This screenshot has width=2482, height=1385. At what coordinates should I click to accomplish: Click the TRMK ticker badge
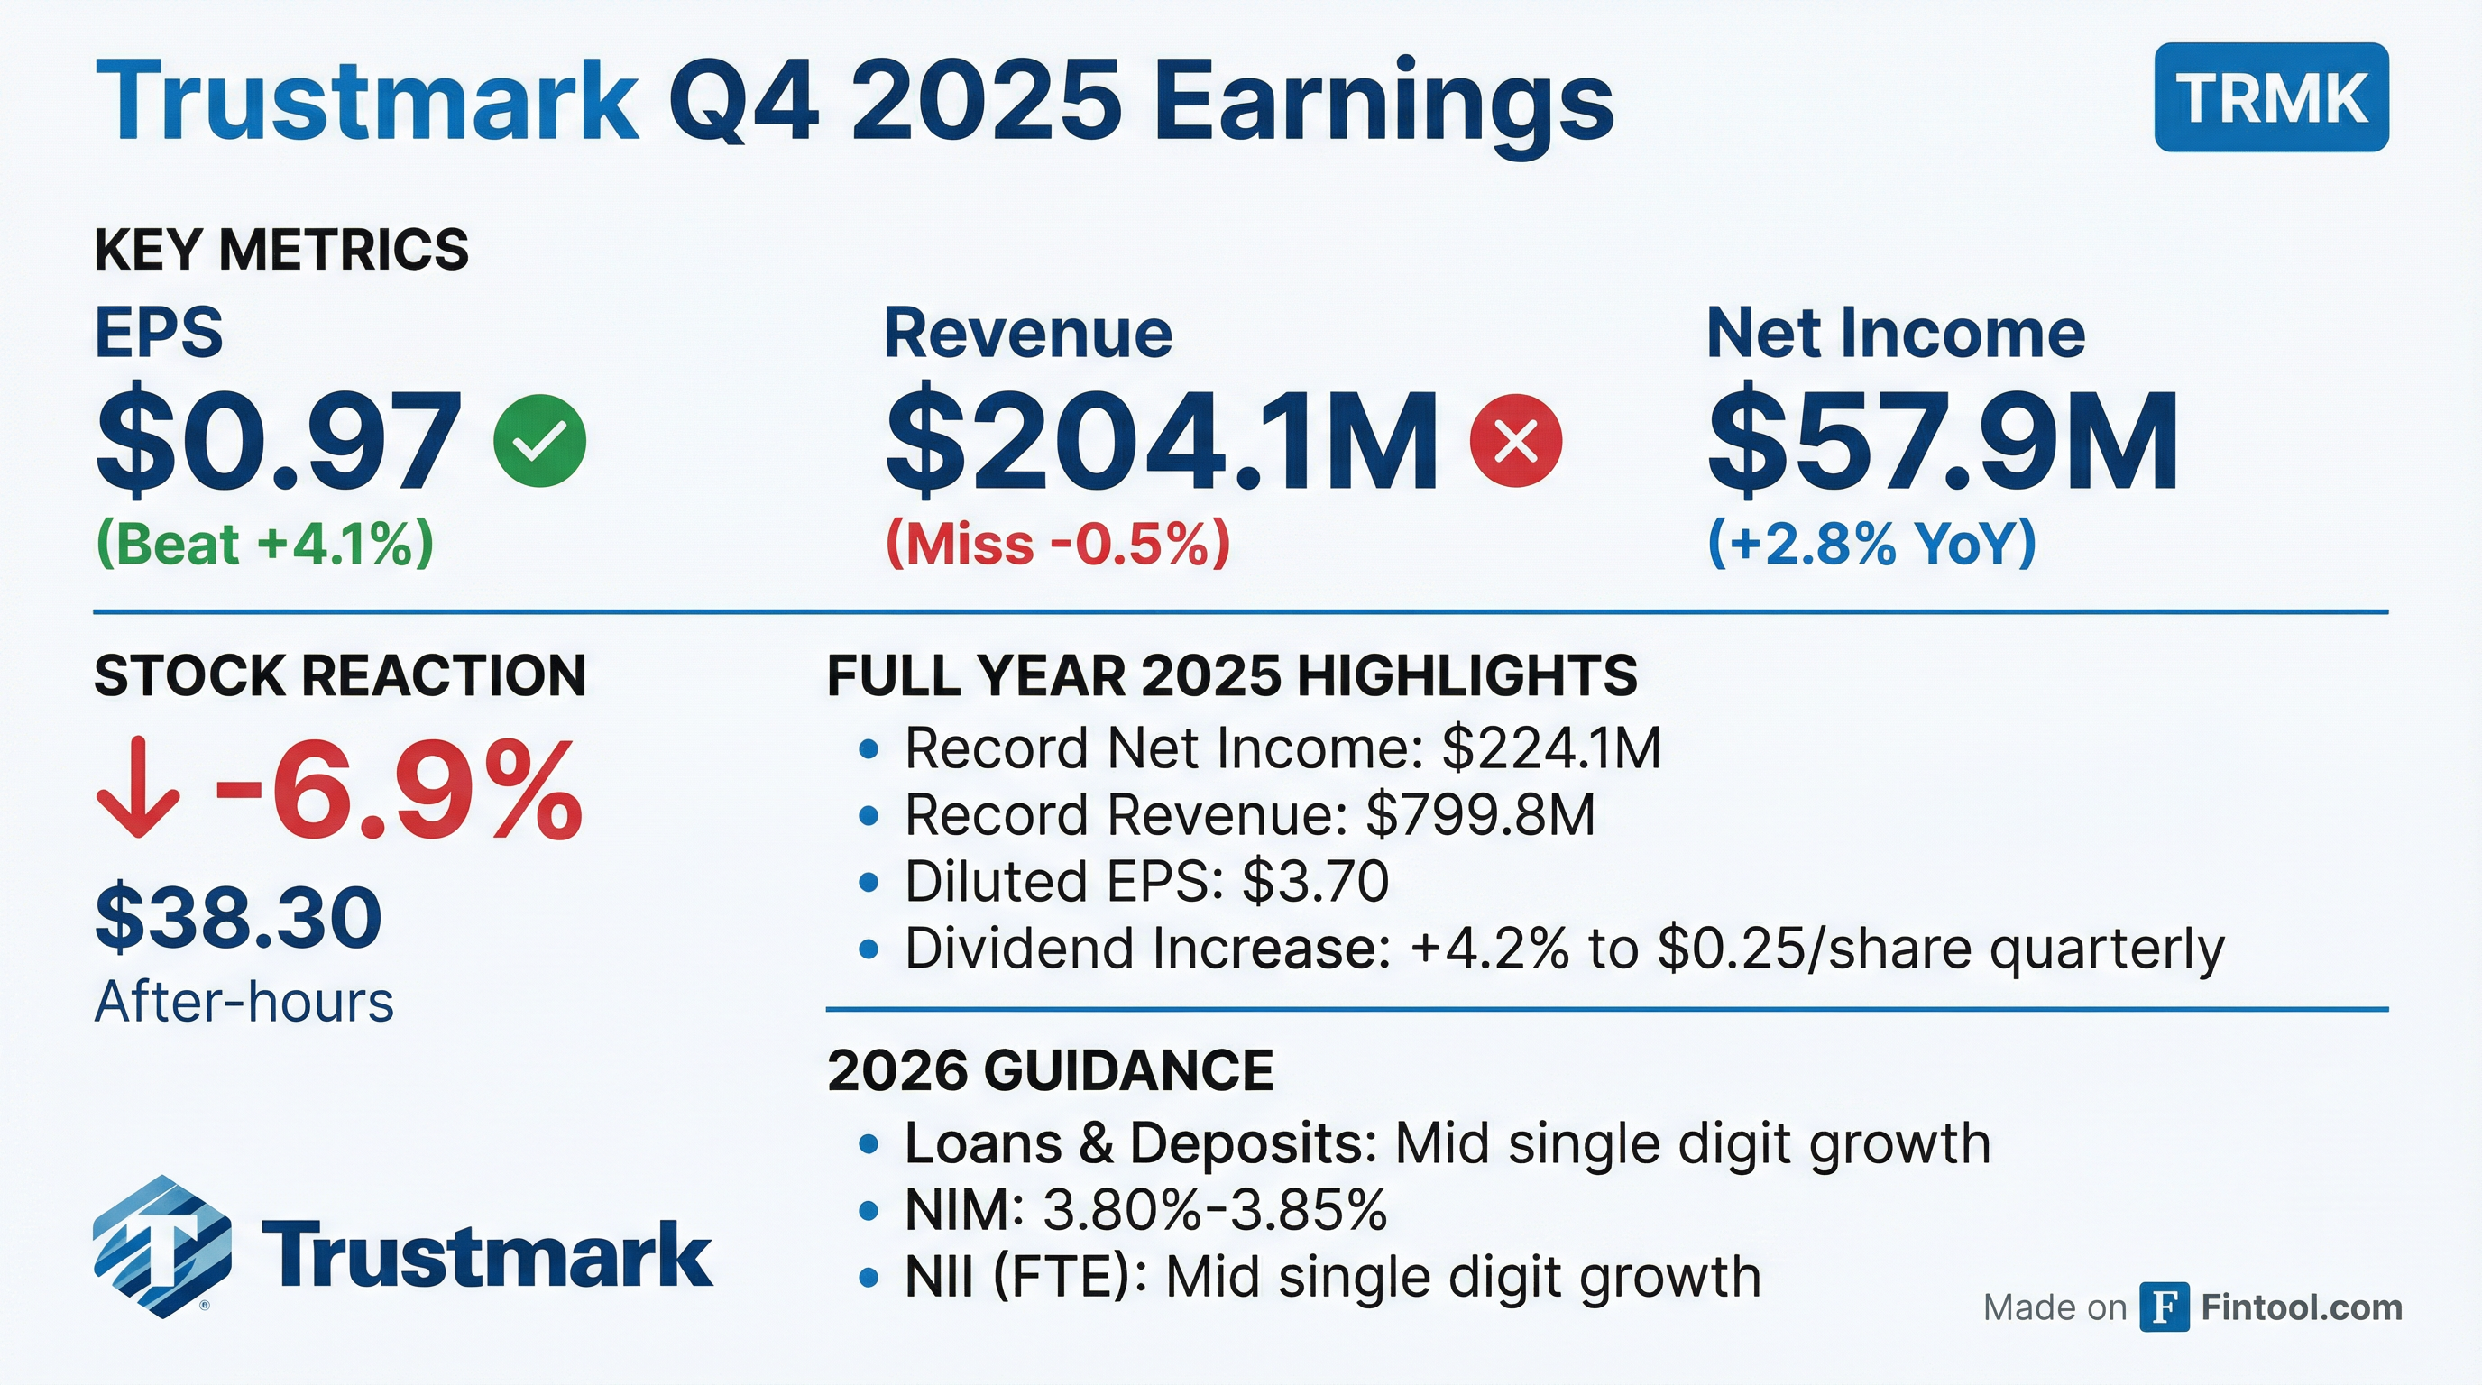pos(2271,97)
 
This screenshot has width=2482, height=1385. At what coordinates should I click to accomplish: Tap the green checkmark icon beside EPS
pos(539,440)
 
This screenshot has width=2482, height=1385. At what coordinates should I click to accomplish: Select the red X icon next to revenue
pos(1515,440)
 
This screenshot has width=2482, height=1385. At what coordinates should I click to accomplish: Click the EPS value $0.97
pos(279,441)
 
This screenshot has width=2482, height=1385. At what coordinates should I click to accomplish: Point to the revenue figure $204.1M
pos(1161,441)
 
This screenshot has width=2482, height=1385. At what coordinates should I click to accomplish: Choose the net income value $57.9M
pos(1943,441)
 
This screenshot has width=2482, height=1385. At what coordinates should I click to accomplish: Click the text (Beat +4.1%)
pos(265,545)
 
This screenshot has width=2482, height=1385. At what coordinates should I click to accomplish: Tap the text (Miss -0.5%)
pos(1058,545)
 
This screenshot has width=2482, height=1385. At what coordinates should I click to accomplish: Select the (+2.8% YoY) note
pos(1872,545)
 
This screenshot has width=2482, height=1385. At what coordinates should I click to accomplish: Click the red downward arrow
pos(138,788)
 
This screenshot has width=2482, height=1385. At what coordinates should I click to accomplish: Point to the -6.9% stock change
pos(399,789)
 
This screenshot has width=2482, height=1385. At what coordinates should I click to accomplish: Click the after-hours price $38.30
pos(239,918)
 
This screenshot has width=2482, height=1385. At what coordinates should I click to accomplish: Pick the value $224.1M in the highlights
pos(1551,748)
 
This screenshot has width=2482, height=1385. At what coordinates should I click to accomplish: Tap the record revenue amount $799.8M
pos(1481,816)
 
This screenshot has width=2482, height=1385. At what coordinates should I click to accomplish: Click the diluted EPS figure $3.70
pos(1315,882)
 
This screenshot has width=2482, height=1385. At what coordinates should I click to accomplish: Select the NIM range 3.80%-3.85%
pos(1215,1211)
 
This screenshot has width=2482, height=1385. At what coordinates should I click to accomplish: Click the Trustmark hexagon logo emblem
pos(161,1246)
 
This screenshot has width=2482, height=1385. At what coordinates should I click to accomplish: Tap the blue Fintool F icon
pos(2164,1307)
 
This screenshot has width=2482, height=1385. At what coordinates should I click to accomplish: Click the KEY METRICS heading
pos(281,250)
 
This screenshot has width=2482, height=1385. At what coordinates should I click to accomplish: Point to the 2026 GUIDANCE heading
pos(1050,1070)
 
